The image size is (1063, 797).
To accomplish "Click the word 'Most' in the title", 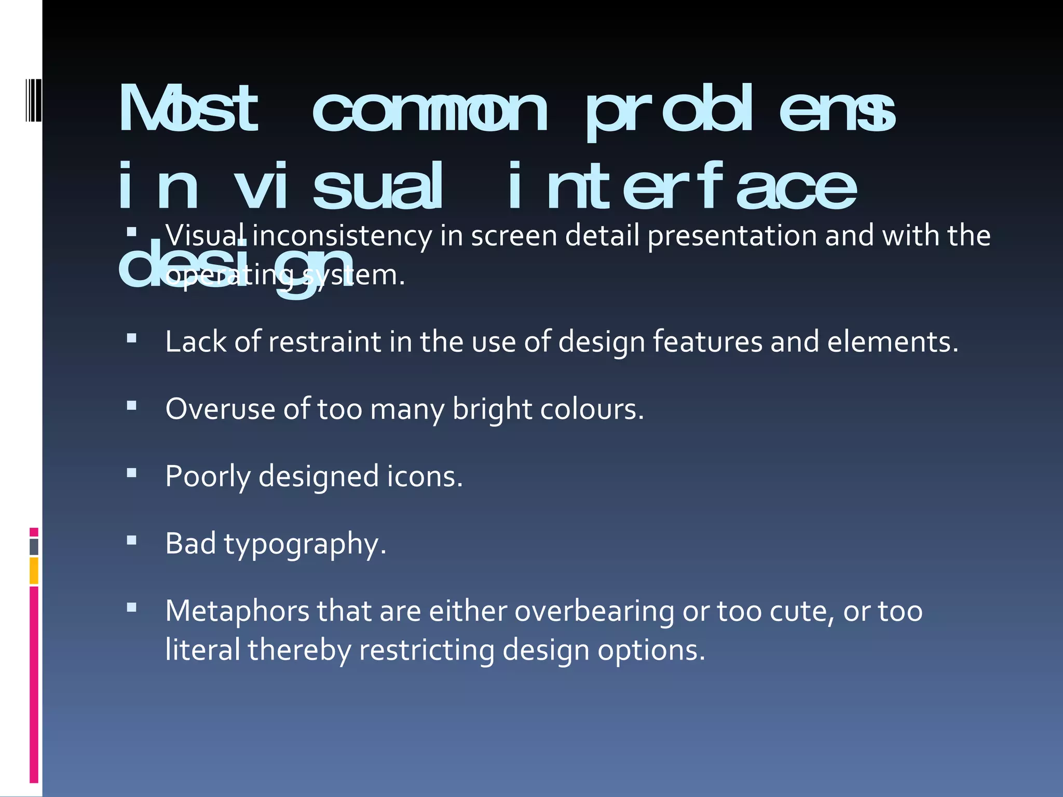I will [188, 109].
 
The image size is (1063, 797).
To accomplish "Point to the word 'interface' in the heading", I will [682, 187].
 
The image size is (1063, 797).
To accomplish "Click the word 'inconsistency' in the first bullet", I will [342, 236].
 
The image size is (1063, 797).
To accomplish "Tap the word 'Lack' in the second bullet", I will [196, 342].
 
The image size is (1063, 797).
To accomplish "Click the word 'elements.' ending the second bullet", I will [893, 342].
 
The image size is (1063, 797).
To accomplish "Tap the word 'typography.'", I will [305, 545].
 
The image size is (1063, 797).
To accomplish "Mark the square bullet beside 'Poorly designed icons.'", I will [132, 473].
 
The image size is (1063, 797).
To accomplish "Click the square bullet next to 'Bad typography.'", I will [132, 541].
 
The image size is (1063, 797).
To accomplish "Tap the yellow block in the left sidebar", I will [34, 571].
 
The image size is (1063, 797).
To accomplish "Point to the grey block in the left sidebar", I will [34, 547].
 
